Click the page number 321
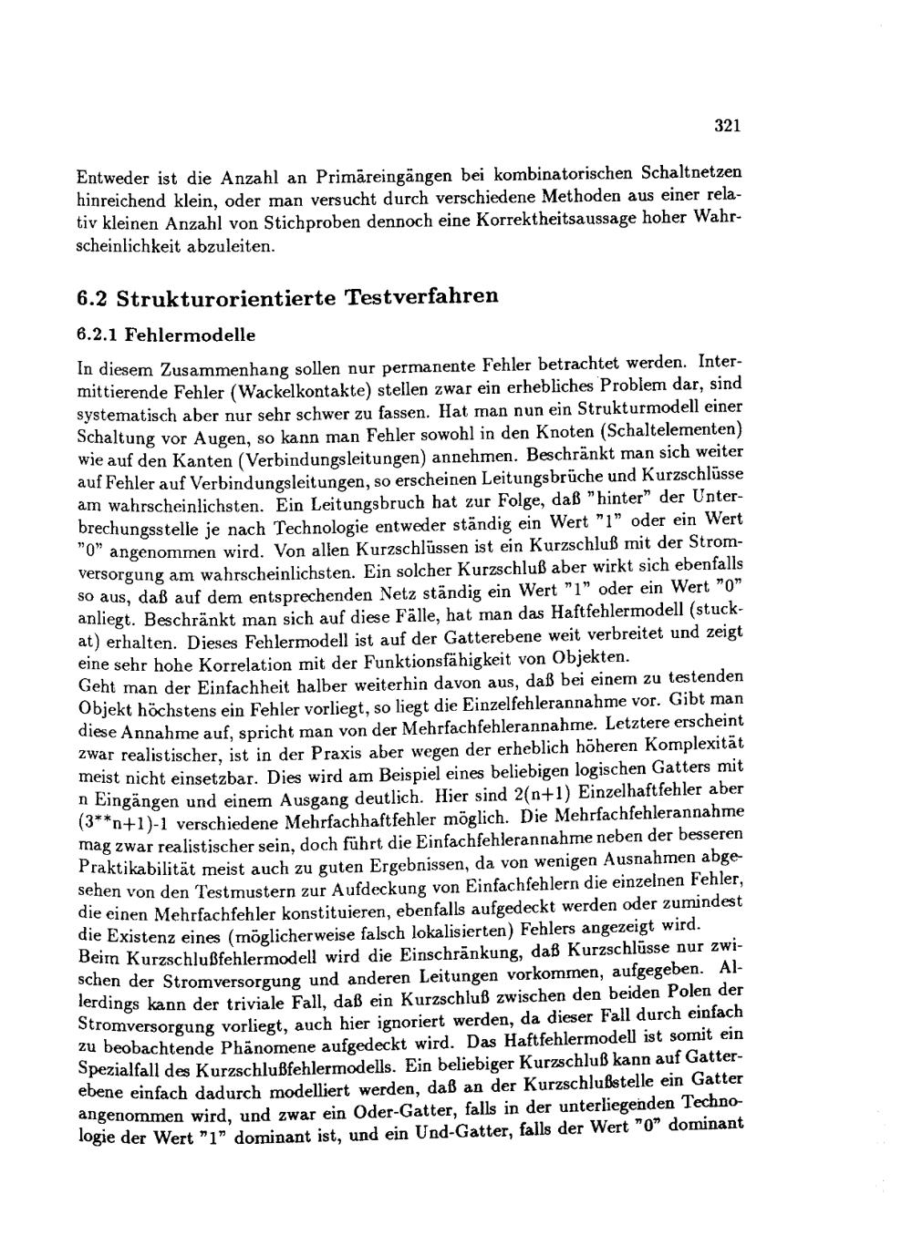point(726,126)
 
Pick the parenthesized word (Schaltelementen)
point(679,427)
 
